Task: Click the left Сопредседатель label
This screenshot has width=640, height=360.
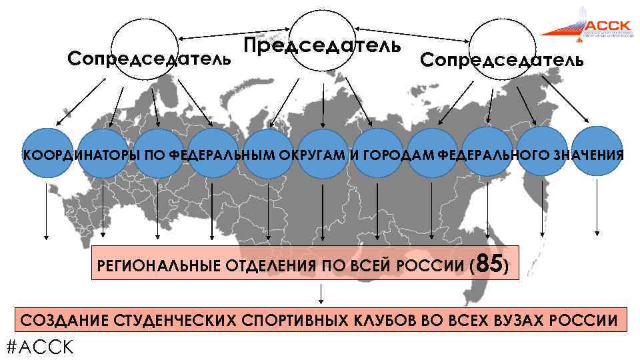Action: point(150,59)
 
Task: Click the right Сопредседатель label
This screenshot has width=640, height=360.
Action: point(501,60)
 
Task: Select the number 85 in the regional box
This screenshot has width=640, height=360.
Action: point(490,265)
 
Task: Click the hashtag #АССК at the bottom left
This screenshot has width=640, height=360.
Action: point(39,347)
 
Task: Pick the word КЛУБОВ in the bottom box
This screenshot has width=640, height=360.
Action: point(383,321)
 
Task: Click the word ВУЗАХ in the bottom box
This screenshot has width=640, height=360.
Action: point(515,321)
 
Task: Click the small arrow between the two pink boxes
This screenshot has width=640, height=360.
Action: point(322,293)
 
